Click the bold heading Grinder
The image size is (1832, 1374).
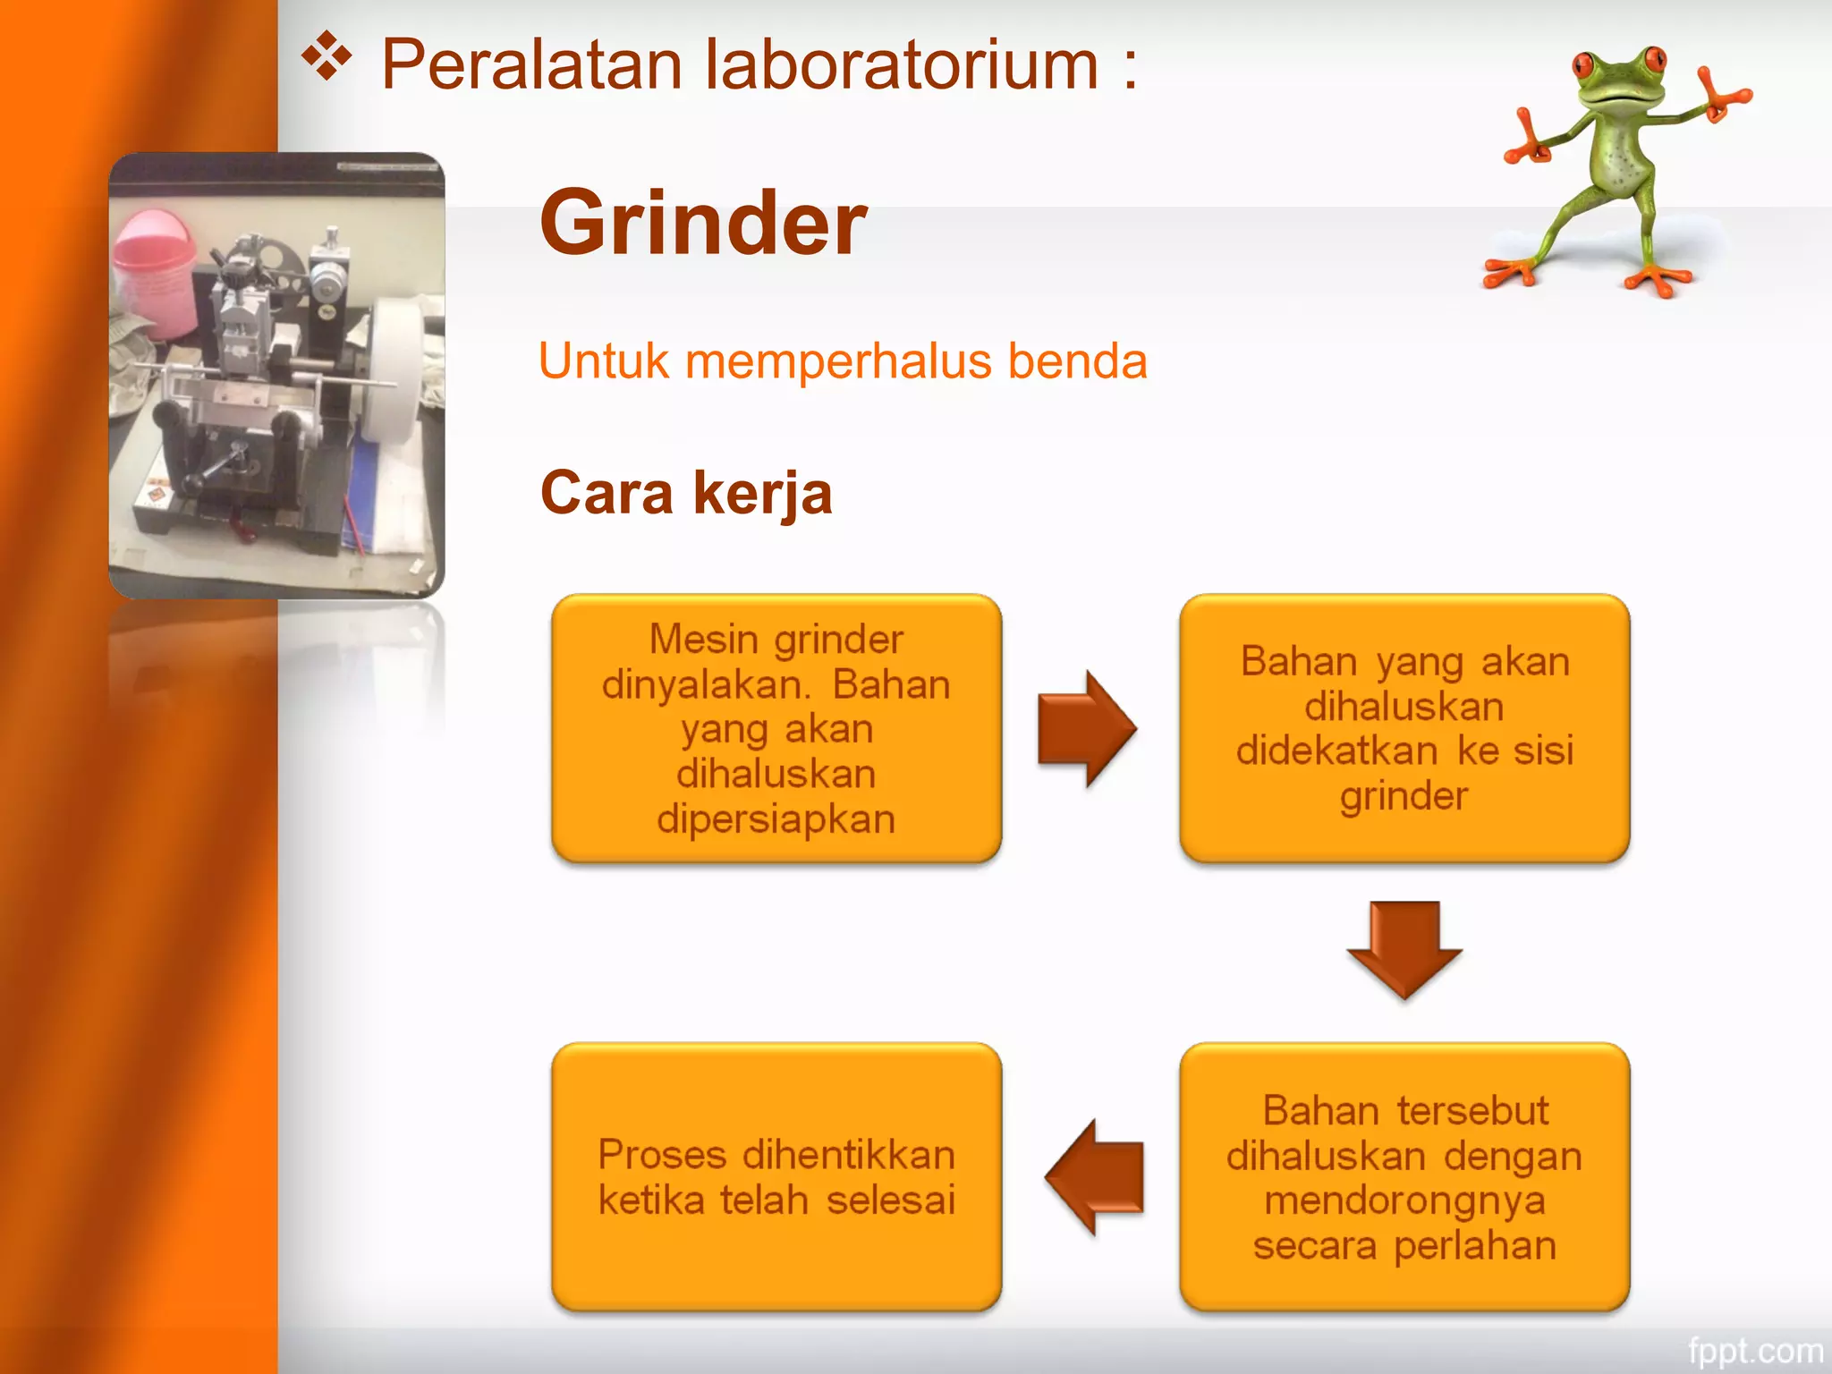pyautogui.click(x=703, y=223)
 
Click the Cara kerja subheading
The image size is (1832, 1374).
pyautogui.click(x=686, y=493)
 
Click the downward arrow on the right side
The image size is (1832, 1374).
pyautogui.click(x=1404, y=948)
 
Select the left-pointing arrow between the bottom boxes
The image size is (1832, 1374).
pyautogui.click(x=1095, y=1177)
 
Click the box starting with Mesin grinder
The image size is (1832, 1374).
pyautogui.click(x=776, y=728)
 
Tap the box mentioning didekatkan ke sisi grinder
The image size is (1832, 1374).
pyautogui.click(x=1404, y=728)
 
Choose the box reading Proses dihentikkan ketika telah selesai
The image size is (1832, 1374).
pyautogui.click(x=776, y=1177)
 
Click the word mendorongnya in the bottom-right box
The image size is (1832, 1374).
pyautogui.click(x=1404, y=1200)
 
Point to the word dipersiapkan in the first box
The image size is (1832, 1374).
pyautogui.click(x=776, y=819)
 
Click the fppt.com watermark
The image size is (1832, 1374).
pyautogui.click(x=1754, y=1350)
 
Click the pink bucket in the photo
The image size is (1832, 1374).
pyautogui.click(x=157, y=268)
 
